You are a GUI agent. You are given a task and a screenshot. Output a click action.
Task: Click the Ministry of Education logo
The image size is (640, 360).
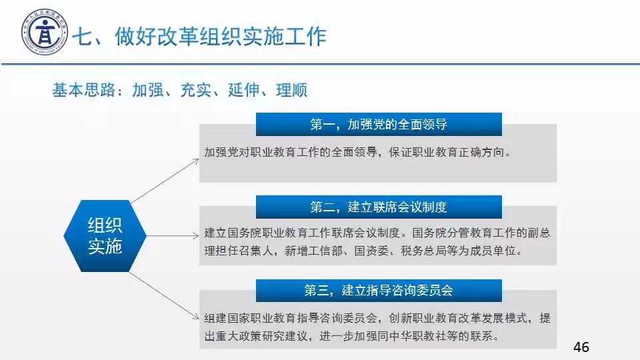pyautogui.click(x=45, y=32)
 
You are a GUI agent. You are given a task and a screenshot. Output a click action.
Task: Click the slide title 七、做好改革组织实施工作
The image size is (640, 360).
pyautogui.click(x=199, y=36)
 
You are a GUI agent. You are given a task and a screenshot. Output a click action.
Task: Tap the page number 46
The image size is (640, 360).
pyautogui.click(x=581, y=347)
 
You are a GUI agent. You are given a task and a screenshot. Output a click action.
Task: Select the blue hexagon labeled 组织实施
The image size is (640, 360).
pyautogui.click(x=105, y=236)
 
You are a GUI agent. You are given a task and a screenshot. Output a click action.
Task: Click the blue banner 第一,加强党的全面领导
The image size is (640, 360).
pyautogui.click(x=379, y=124)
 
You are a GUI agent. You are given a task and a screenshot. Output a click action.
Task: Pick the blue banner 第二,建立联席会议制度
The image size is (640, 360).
pyautogui.click(x=379, y=207)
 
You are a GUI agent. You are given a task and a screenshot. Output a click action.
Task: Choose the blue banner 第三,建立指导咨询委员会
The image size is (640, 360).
pyautogui.click(x=379, y=290)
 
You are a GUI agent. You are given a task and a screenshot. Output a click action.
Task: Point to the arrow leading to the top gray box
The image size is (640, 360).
pyautogui.click(x=165, y=181)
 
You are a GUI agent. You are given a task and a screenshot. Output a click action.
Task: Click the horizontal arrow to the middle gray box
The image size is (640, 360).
pyautogui.click(x=173, y=235)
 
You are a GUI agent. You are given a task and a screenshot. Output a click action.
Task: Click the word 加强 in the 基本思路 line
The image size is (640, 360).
pyautogui.click(x=148, y=90)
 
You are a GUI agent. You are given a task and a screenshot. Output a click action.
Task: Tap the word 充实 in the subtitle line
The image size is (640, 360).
pyautogui.click(x=196, y=90)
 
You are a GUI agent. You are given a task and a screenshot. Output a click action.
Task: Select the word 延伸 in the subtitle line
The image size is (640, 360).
pyautogui.click(x=244, y=90)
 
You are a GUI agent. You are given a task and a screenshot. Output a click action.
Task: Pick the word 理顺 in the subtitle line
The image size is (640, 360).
pyautogui.click(x=291, y=90)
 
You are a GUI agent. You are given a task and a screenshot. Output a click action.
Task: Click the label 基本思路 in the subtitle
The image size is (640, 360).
pyautogui.click(x=84, y=90)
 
